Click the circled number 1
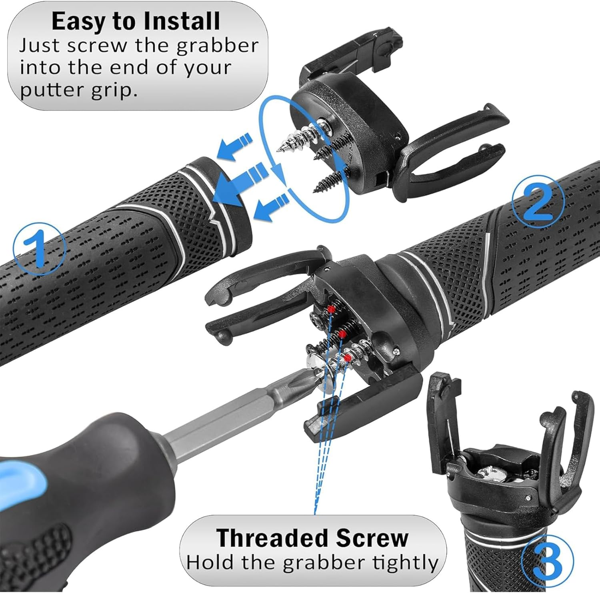coord(39,245)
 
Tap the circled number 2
coord(538,201)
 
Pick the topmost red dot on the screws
coord(331,308)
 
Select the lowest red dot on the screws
coord(348,357)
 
